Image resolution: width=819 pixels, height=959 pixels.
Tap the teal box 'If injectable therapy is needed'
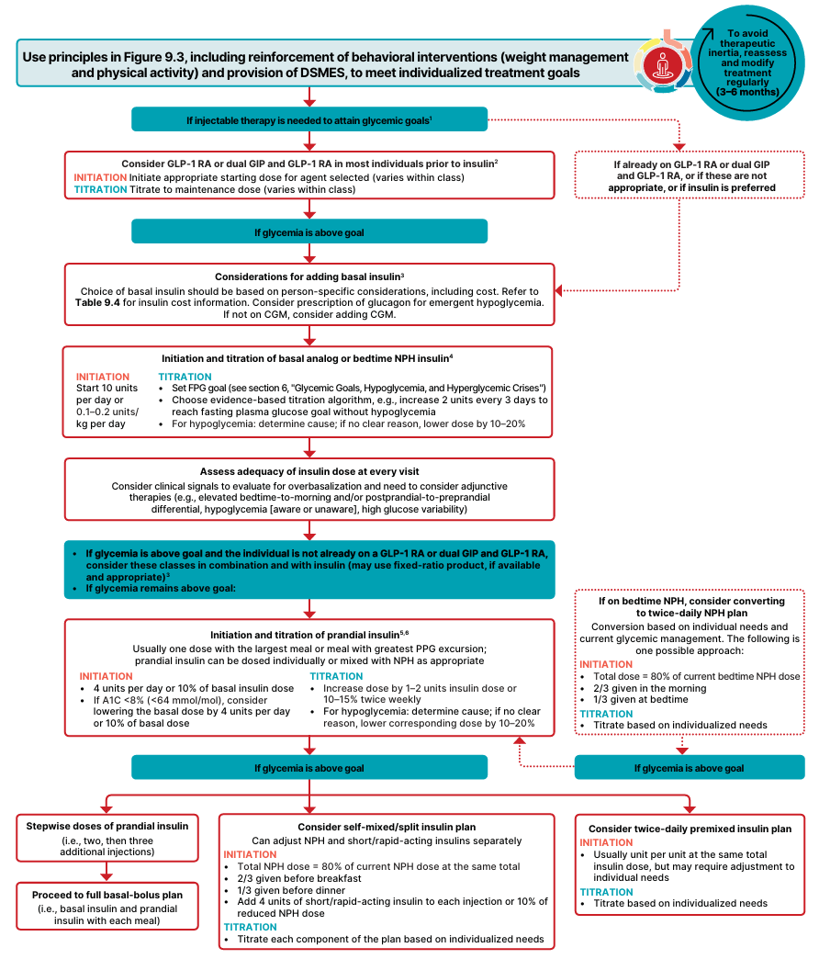[x=309, y=119]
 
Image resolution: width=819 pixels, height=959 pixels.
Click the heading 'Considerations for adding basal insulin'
[x=309, y=276]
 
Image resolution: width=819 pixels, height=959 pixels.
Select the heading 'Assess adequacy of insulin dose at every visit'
[x=309, y=471]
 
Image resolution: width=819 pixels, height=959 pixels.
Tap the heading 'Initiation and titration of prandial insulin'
[x=309, y=634]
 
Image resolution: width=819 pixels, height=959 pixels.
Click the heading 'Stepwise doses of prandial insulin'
[x=108, y=826]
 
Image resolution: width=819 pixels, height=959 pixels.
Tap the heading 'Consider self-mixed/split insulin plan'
[x=387, y=826]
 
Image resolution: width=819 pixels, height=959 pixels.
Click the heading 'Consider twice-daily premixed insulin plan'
[x=690, y=829]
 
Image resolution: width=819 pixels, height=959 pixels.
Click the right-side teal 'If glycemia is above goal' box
[x=690, y=768]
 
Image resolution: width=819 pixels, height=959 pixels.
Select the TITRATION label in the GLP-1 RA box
[x=100, y=189]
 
